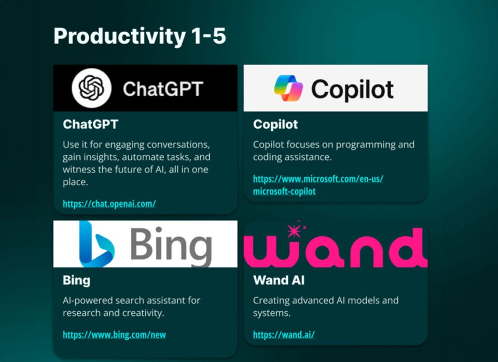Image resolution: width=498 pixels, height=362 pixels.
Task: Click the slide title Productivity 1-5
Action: click(x=140, y=36)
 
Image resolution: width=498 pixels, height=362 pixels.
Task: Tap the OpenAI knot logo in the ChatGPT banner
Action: click(x=91, y=88)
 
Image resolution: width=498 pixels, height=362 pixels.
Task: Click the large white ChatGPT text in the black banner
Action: click(x=163, y=89)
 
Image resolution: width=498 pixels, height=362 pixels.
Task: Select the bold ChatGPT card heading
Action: click(x=90, y=124)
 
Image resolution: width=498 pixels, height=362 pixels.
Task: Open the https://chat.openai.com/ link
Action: click(x=109, y=204)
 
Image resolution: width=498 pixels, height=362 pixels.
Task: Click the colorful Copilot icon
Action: click(x=288, y=88)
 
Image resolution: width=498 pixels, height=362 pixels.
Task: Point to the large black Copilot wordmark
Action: click(x=352, y=89)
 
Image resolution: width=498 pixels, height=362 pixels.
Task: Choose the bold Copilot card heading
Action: click(x=275, y=124)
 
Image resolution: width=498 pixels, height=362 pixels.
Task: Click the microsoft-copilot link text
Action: click(x=284, y=191)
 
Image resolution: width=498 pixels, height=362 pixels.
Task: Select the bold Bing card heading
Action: click(x=76, y=281)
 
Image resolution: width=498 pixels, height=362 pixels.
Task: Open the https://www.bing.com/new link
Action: click(x=114, y=335)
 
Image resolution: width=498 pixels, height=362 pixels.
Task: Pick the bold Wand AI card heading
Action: click(x=279, y=281)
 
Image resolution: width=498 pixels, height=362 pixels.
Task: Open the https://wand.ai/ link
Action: click(x=284, y=335)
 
